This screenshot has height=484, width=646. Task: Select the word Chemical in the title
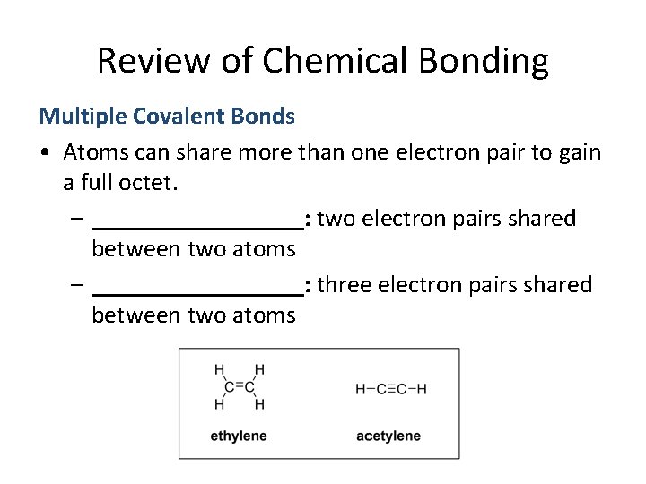327,61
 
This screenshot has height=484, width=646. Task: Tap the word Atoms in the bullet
96,151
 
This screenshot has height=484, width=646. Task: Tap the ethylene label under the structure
238,436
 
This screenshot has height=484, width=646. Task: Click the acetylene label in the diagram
388,436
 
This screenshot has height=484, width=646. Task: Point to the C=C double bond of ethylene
239,387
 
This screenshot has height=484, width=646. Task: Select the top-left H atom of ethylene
219,369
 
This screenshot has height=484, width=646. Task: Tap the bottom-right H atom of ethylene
259,405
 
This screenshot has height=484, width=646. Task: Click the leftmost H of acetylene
361,389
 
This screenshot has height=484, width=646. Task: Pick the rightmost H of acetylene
422,389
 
